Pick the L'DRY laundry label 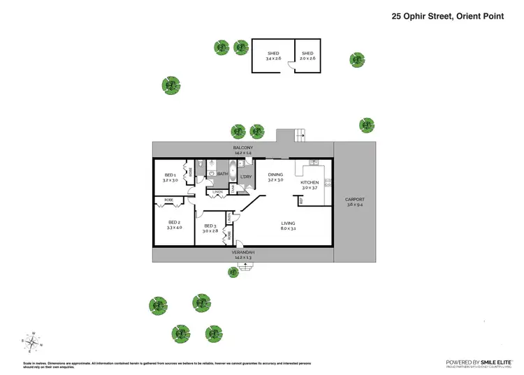pos(246,177)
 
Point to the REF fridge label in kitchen pos(301,201)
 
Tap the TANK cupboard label pos(233,189)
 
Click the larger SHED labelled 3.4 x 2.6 pos(272,56)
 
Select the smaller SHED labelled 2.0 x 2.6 pos(307,56)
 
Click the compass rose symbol pos(32,341)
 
